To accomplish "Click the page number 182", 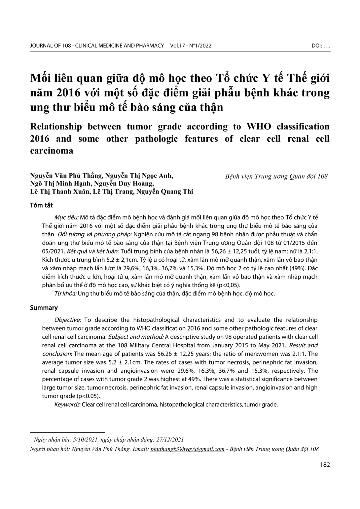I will [x=325, y=465].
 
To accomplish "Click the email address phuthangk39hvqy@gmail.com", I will [x=187, y=449].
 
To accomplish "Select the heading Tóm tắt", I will [x=41, y=205].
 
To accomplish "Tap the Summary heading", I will [x=44, y=308].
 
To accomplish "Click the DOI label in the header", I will [x=317, y=46].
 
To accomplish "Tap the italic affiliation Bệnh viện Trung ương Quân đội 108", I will [x=276, y=176].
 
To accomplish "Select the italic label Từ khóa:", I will [x=65, y=293].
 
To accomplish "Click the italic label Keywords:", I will [x=67, y=404].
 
